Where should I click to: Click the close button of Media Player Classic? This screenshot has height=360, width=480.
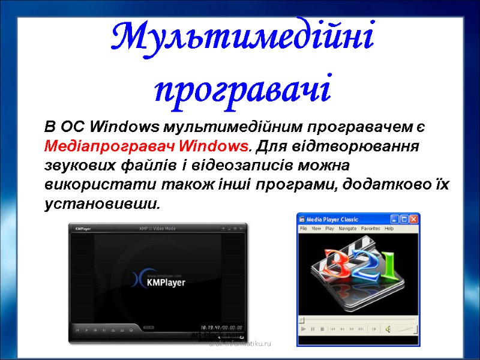[413, 219]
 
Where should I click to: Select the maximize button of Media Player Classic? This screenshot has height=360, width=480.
[404, 219]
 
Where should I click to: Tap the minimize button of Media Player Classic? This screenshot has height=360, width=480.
[395, 219]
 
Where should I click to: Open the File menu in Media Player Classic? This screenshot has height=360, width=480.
[304, 229]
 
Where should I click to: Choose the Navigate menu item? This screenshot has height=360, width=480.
[347, 229]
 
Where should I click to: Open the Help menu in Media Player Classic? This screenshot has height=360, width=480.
[389, 229]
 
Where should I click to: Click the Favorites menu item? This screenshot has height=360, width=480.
[370, 229]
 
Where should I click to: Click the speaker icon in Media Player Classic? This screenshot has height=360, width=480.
[388, 329]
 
